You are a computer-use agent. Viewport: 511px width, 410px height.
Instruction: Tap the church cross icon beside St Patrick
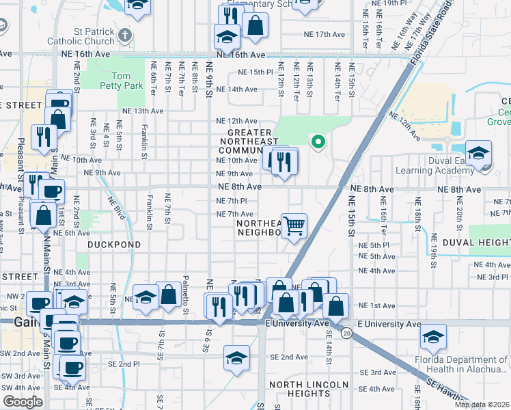click(124, 34)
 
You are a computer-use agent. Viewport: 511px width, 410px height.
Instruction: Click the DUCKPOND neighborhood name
click(114, 244)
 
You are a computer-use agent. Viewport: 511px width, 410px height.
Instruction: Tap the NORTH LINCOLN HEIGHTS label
click(300, 388)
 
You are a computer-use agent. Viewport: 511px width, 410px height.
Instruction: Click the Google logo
click(23, 402)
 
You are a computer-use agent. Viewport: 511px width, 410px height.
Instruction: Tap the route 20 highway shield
click(347, 333)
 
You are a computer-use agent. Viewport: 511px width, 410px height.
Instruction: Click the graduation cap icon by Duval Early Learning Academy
click(479, 152)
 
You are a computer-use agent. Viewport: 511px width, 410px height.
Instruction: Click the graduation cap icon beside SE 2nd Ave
click(236, 357)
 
